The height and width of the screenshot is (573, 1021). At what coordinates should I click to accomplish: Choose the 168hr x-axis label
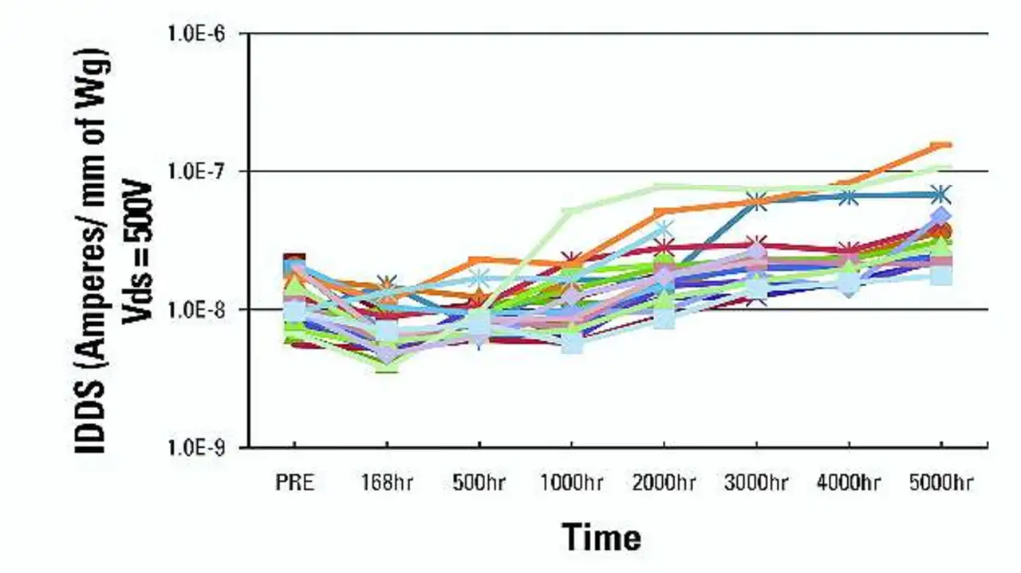(386, 484)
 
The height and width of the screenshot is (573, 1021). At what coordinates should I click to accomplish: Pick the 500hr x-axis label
(479, 484)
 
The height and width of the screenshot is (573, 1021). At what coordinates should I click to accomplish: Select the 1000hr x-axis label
(571, 484)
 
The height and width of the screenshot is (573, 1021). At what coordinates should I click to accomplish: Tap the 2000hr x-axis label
(664, 484)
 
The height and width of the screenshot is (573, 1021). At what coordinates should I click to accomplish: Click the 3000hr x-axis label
(756, 484)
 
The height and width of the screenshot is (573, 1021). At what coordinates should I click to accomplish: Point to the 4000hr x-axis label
(849, 484)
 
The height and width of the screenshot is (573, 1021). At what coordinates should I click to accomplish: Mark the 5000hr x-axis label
(941, 484)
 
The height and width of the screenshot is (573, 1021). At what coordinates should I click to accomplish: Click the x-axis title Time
(601, 536)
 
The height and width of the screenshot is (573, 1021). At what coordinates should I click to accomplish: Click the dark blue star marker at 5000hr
(941, 194)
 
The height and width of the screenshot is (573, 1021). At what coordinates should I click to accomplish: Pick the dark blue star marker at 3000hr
(757, 202)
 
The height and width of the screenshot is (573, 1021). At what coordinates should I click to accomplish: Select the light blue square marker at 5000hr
(942, 276)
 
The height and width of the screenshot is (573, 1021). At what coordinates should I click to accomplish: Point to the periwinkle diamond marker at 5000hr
(942, 216)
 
